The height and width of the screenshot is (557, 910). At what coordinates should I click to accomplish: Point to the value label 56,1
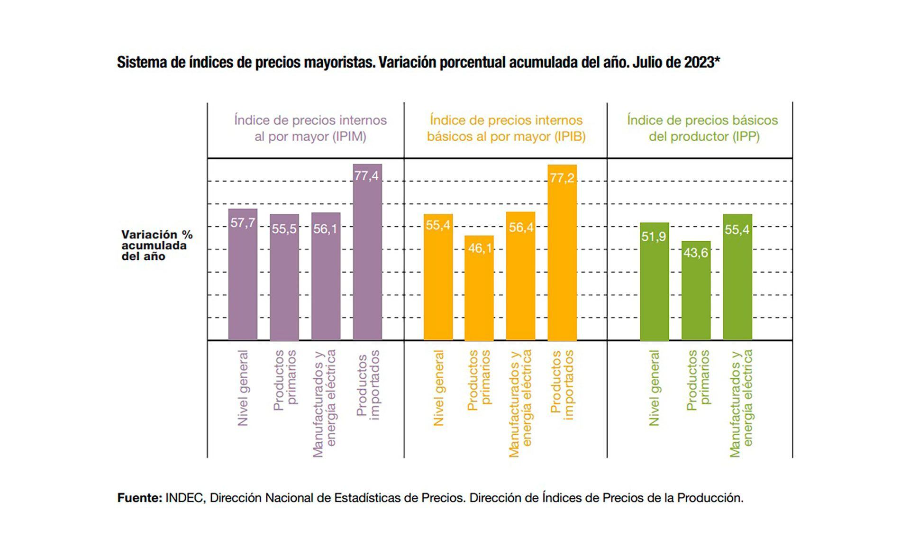click(x=325, y=229)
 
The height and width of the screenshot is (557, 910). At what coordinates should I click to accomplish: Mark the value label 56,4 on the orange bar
click(x=521, y=228)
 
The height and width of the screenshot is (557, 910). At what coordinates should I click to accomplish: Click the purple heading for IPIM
click(x=310, y=128)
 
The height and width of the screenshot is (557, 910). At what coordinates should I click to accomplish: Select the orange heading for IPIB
click(x=506, y=128)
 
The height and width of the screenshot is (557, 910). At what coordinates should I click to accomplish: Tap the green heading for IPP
click(x=702, y=128)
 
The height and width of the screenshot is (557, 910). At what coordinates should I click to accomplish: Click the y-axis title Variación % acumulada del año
click(x=156, y=246)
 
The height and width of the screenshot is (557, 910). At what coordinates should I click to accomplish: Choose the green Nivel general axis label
click(x=654, y=388)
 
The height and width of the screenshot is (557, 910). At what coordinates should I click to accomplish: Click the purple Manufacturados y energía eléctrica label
click(x=325, y=403)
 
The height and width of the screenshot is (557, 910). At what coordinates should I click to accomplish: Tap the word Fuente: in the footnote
click(x=140, y=498)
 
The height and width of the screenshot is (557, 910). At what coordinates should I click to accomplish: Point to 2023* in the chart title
click(x=702, y=63)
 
